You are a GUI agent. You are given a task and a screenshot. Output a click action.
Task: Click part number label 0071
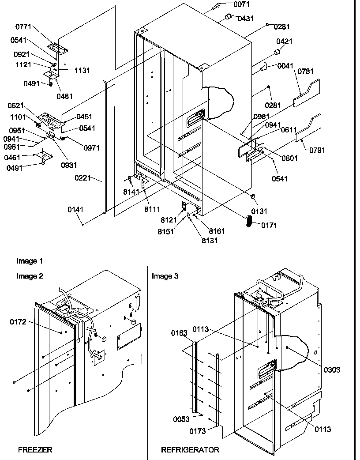coord(242,4)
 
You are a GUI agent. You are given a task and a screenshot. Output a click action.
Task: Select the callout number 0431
coord(245,19)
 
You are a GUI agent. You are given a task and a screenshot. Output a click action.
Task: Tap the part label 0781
coord(305,72)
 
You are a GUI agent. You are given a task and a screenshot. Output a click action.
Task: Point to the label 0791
coord(317,150)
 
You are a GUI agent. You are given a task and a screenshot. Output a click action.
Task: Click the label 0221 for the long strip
coord(83,178)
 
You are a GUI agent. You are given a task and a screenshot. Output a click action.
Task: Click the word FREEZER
coord(35,450)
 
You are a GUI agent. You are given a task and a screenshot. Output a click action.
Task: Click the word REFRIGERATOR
coord(190,450)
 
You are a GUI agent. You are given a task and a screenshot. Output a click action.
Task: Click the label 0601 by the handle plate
coord(290,158)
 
